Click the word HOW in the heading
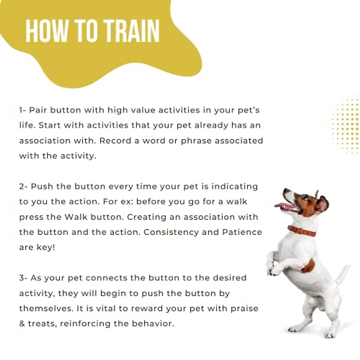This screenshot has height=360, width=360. pos(47,31)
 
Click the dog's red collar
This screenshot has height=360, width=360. pos(301,231)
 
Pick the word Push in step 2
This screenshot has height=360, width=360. pos(42,187)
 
